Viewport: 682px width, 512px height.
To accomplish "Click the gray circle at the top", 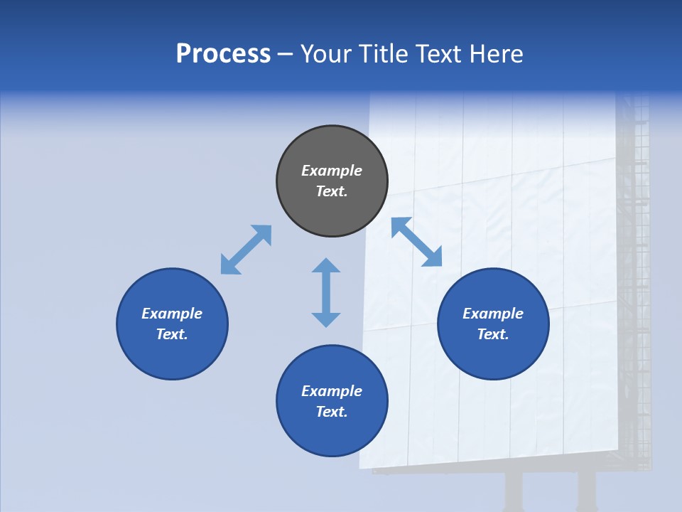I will point(332,181).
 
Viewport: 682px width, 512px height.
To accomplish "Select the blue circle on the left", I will point(172,324).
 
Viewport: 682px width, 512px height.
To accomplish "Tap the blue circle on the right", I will point(493,324).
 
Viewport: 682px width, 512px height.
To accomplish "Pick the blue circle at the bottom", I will point(332,401).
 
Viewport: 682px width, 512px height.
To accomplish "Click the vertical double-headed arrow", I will point(326,292).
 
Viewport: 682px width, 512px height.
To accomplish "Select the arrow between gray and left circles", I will point(246,250).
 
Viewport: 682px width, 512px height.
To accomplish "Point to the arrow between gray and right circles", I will point(417,242).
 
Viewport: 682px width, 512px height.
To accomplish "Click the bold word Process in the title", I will point(223,54).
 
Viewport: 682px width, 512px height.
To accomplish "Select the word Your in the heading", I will point(326,54).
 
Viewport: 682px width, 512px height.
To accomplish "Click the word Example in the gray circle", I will point(332,171).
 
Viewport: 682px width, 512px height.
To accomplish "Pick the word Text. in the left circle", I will point(172,334).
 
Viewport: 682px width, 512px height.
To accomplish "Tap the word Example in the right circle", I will point(493,314).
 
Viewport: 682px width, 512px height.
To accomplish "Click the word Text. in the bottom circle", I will point(332,412).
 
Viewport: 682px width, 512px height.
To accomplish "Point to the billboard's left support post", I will point(513,491).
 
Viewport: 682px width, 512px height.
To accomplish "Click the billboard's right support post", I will point(586,491).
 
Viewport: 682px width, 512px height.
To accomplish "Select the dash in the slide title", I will point(286,54).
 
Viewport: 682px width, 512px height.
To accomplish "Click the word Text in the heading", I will point(439,54).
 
